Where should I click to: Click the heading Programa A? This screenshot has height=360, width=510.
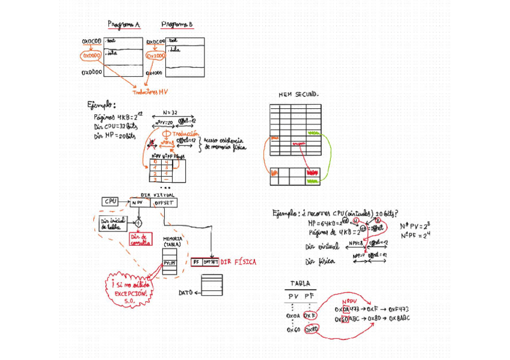(x=124, y=25)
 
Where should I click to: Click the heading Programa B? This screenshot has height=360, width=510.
(x=177, y=25)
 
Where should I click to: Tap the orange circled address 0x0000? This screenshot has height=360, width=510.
(x=91, y=56)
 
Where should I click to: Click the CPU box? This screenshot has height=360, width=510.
(x=111, y=202)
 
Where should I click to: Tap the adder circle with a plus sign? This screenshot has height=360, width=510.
(x=138, y=223)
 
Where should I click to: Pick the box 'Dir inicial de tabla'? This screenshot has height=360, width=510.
(x=113, y=224)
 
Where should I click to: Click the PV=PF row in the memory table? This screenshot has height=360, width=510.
(x=169, y=263)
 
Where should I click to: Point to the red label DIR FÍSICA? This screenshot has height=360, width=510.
(x=238, y=262)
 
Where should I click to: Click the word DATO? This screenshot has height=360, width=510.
(x=186, y=293)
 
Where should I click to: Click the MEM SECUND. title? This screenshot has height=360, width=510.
(x=299, y=95)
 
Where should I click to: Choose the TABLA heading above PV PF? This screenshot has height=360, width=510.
(x=300, y=284)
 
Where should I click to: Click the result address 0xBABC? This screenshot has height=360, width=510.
(x=399, y=319)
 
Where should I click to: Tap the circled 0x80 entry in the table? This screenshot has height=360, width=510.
(x=312, y=329)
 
